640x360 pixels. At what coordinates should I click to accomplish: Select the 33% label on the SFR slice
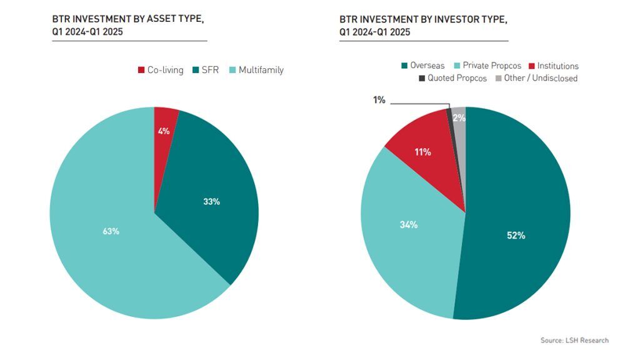coord(211,202)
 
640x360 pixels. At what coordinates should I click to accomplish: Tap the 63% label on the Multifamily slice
coord(111,231)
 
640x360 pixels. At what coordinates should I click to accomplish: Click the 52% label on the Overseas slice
coord(516,236)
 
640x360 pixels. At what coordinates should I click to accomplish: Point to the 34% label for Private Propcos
coord(409,225)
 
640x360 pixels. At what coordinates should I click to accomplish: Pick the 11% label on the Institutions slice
coord(422,152)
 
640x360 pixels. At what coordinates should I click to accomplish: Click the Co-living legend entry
coord(161,70)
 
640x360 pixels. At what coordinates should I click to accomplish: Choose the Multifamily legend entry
coord(256,70)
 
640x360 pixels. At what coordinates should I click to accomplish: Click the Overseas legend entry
coord(423,66)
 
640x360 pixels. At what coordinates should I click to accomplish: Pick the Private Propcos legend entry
coord(487,66)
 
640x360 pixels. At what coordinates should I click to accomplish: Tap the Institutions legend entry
coord(554,66)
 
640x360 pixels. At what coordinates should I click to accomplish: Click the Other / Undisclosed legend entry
coord(536,78)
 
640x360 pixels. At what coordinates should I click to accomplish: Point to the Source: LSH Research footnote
coord(574,340)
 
